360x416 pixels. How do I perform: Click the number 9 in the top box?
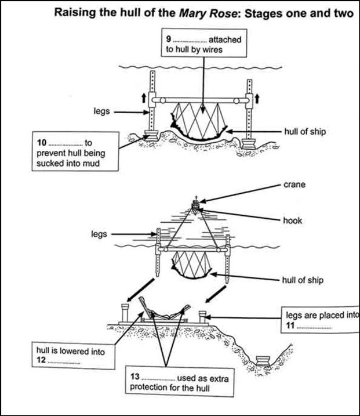pyautogui.click(x=169, y=39)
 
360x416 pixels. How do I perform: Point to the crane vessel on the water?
pyautogui.click(x=197, y=204)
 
